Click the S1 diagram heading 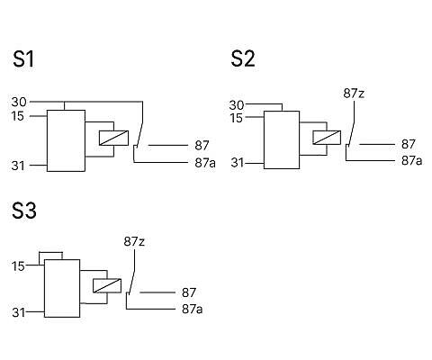click(x=23, y=59)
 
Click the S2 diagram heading click(x=243, y=58)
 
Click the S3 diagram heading click(x=24, y=211)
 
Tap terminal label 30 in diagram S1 click(x=19, y=102)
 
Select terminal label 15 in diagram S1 click(x=18, y=116)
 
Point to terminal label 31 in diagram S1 click(x=18, y=166)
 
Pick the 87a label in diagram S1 click(x=205, y=163)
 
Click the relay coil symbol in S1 click(x=113, y=138)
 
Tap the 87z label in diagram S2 click(x=354, y=94)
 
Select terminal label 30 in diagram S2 click(x=237, y=105)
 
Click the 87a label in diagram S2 click(x=411, y=160)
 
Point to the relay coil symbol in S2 click(x=327, y=138)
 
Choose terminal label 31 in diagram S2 click(x=238, y=163)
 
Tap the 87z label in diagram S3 click(x=134, y=241)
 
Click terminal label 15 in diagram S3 click(x=18, y=266)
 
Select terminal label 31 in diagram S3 click(x=19, y=312)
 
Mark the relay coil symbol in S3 click(x=107, y=285)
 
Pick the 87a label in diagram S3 click(x=192, y=309)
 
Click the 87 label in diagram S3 click(x=189, y=292)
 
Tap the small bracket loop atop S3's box click(x=51, y=253)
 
